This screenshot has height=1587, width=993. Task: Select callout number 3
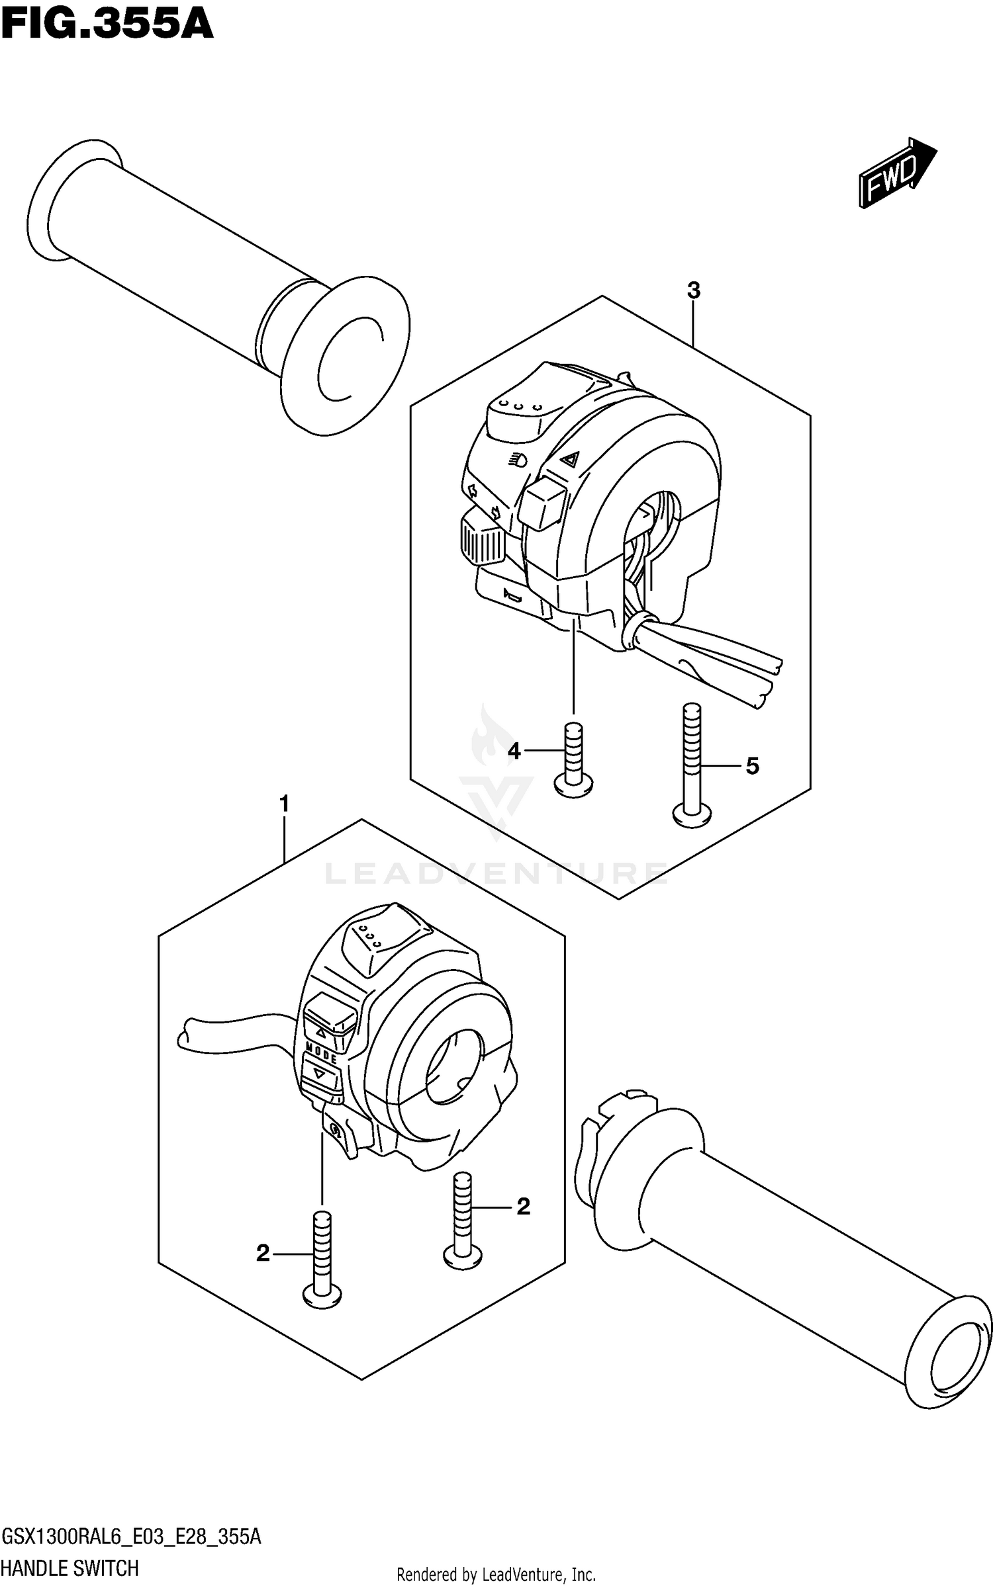[x=693, y=290]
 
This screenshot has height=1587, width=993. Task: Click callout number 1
[x=284, y=805]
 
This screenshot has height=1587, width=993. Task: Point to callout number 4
[x=514, y=751]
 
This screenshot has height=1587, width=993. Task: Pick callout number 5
[x=752, y=766]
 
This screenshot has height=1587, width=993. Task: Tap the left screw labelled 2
[x=322, y=1257]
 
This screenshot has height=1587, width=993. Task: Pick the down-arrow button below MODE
[x=320, y=1075]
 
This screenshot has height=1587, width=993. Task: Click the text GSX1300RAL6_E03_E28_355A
[x=132, y=1537]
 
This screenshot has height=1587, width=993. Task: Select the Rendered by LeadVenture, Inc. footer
[x=496, y=1575]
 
